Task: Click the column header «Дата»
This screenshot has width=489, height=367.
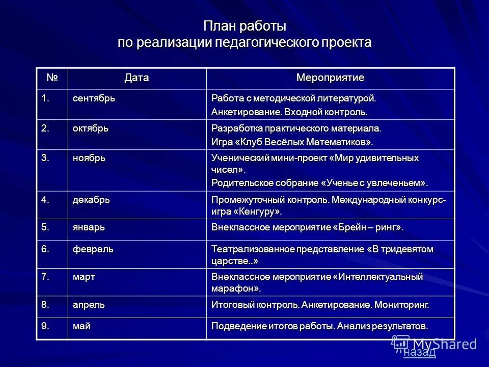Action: [x=137, y=78]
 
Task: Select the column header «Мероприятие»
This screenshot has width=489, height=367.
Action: [x=330, y=78]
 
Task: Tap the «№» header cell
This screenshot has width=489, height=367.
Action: [x=52, y=78]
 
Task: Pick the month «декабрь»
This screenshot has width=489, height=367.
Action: [x=91, y=199]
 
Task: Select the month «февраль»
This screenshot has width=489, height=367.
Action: [x=92, y=249]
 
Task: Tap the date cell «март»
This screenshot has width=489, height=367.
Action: [x=84, y=277]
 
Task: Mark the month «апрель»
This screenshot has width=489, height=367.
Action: [x=89, y=305]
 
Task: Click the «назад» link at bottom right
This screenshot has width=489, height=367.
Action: [x=419, y=353]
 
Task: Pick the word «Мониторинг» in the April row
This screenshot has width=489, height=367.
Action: [x=401, y=305]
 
